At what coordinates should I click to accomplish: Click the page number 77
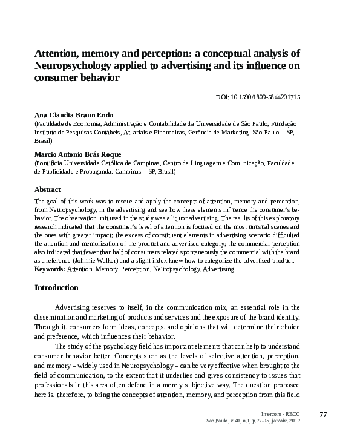[322, 414]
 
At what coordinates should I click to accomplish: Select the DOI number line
[258, 97]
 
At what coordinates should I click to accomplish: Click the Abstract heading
[47, 189]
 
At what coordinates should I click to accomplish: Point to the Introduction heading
[56, 287]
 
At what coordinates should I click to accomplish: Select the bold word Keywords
[49, 268]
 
